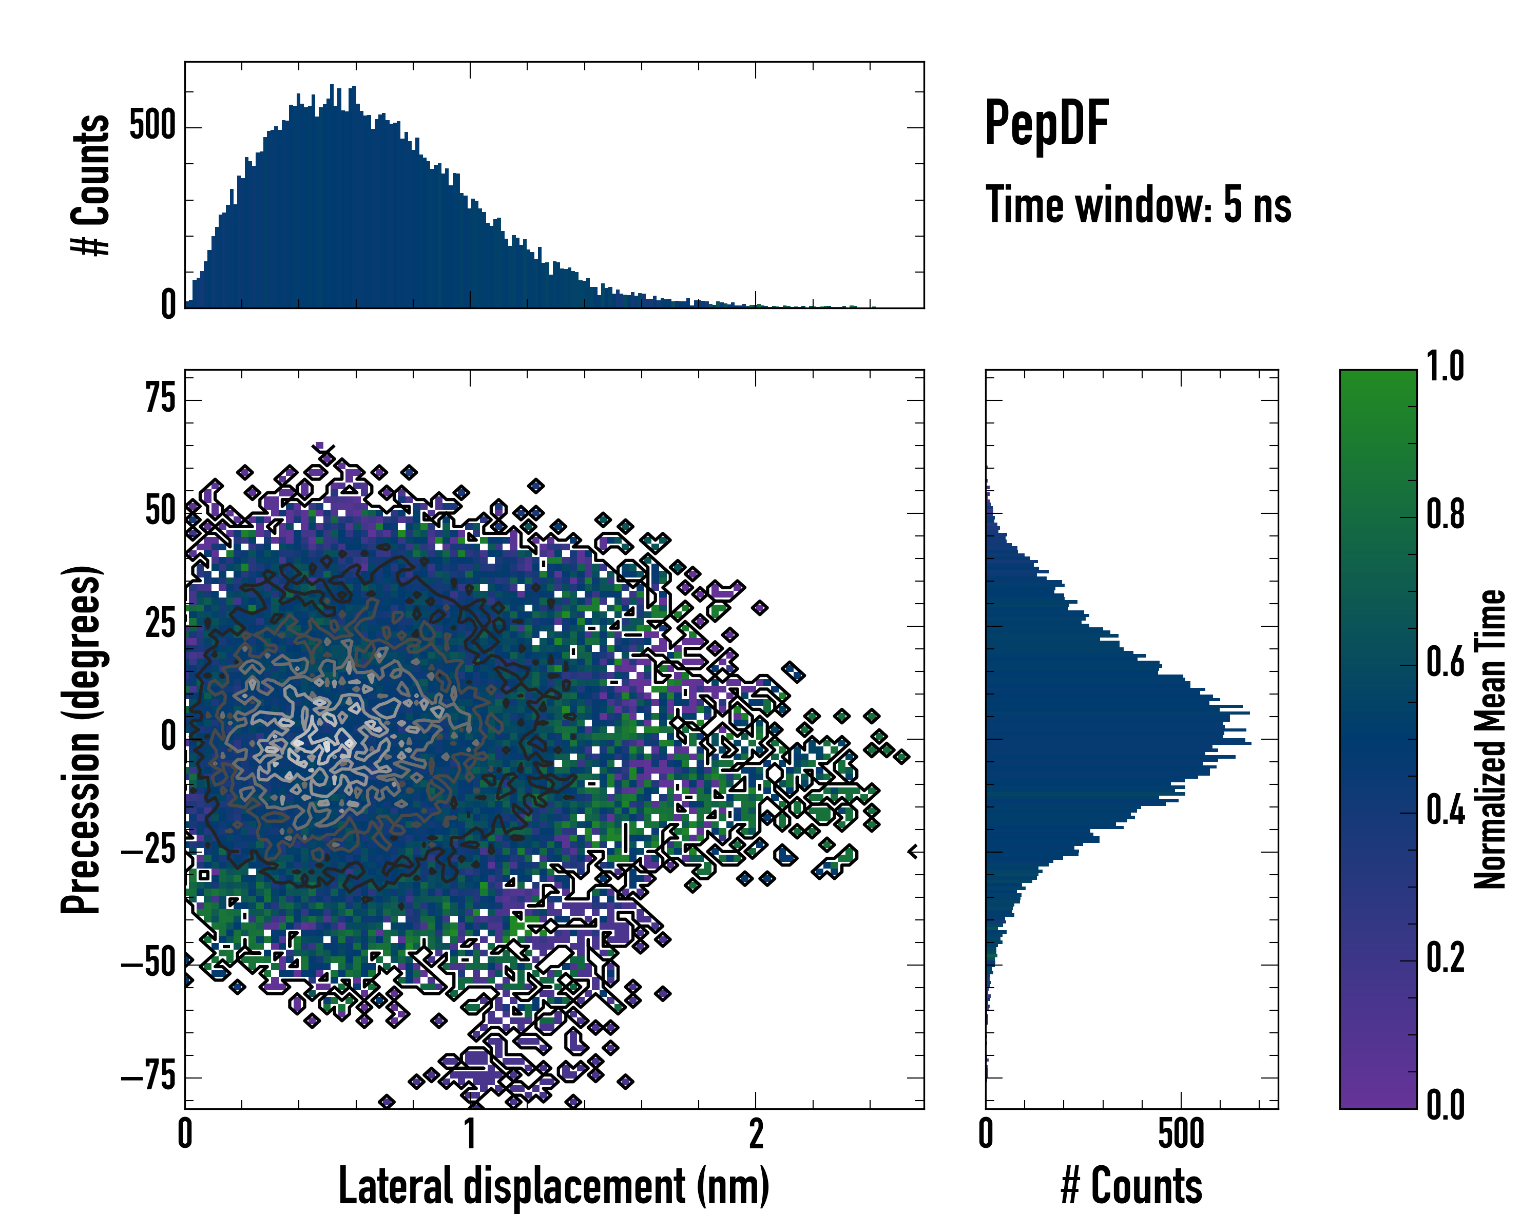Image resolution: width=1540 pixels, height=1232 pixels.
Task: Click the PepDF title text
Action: [1046, 124]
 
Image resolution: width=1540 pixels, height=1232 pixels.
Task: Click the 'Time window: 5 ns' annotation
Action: [1138, 205]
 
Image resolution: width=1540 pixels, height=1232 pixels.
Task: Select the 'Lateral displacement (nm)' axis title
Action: [553, 1186]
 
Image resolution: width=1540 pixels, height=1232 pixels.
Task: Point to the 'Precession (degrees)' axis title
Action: [81, 739]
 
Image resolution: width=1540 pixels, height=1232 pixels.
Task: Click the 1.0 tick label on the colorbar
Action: [1445, 367]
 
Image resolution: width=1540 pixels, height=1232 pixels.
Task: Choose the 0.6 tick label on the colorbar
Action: [1445, 662]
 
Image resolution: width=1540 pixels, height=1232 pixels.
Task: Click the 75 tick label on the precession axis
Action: [160, 398]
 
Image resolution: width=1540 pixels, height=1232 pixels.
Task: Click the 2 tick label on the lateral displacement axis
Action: [756, 1134]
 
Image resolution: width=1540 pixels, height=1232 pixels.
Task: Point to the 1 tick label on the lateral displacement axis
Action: [470, 1134]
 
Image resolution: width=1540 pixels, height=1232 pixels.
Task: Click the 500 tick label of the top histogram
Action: [153, 126]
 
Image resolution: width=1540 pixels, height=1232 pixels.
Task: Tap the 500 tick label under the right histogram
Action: [1181, 1134]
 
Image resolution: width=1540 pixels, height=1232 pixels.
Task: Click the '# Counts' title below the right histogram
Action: [1131, 1186]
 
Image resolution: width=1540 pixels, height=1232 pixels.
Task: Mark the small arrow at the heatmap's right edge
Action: [913, 851]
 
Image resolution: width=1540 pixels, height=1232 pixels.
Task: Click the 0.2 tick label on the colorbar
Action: [1445, 958]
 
